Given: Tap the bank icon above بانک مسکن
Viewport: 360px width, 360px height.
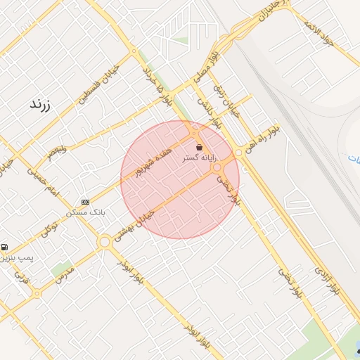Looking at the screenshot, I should [86, 202].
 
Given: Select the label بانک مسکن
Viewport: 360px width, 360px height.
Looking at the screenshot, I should [85, 212].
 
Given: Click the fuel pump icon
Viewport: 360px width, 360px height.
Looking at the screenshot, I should [6, 247].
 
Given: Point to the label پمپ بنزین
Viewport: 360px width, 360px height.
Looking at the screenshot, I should [16, 257].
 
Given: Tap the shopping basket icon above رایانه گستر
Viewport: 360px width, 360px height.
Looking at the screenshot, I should [200, 148].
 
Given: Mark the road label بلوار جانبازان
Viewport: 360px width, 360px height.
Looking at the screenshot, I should [273, 14].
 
